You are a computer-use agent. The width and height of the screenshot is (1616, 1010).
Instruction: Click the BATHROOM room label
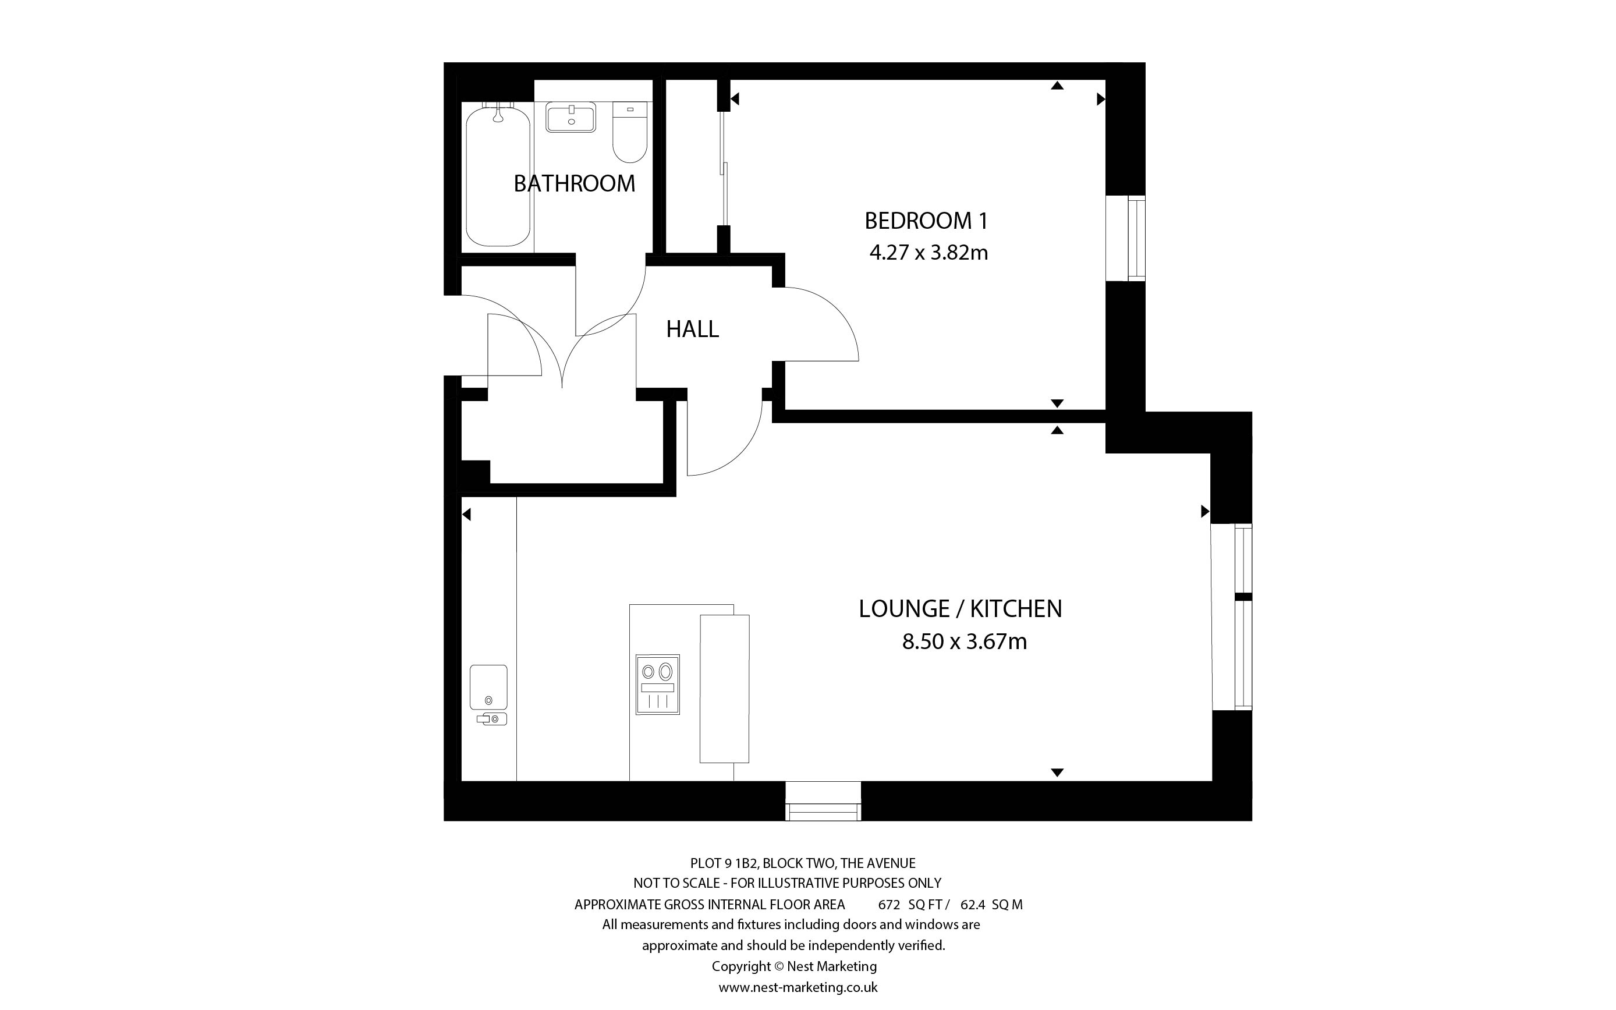575,183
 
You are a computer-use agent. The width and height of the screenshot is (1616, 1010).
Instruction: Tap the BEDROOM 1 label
926,221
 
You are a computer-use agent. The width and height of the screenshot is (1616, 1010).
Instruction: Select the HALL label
693,329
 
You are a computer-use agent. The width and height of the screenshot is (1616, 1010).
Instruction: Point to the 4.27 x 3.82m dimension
928,253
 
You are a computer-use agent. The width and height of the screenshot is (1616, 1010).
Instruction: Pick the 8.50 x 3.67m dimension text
964,642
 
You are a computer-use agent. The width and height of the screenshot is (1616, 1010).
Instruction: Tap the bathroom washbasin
571,118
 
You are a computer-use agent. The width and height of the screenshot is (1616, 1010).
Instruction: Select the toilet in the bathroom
630,132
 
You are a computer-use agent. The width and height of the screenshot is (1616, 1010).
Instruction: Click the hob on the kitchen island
658,685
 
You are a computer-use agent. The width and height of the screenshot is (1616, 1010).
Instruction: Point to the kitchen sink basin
488,687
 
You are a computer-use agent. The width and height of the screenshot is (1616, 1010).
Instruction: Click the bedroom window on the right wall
1126,238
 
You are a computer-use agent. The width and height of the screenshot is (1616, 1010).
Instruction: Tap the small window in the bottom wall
823,802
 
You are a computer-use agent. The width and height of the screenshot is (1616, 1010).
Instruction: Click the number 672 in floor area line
889,905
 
